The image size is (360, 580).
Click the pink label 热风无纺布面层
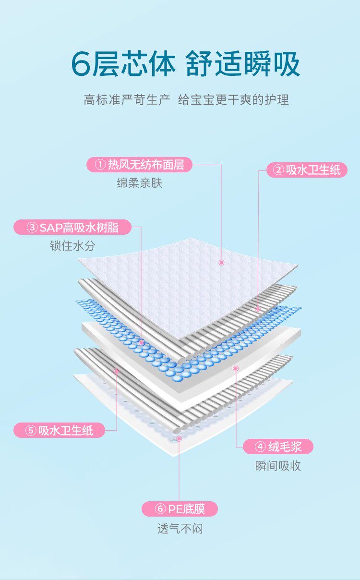139,165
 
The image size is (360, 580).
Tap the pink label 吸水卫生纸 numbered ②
307,170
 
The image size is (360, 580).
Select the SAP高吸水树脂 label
72,227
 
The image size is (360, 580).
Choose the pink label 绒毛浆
278,447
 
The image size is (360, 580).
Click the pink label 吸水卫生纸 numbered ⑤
60,430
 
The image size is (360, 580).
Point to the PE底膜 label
180,509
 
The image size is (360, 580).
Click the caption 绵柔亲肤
139,183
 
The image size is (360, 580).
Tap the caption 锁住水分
72,246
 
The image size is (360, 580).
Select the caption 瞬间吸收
278,465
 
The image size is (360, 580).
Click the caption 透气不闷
180,529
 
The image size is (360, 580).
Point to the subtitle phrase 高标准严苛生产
127,100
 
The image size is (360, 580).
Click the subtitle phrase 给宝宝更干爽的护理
233,100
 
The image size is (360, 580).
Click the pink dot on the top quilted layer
221,262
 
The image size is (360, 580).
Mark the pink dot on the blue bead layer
141,343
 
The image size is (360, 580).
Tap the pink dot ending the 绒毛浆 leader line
236,368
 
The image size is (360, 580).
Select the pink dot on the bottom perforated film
179,438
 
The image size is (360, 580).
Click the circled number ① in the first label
100,165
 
